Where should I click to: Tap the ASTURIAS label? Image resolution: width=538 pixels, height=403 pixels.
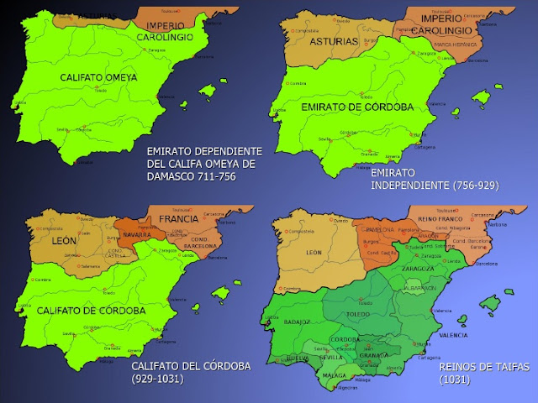(x=334, y=41)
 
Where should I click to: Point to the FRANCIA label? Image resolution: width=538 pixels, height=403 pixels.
(x=177, y=219)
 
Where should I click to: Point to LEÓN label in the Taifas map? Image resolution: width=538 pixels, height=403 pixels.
(x=313, y=252)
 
